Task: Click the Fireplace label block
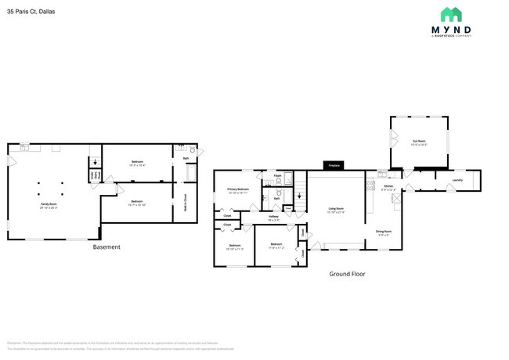[334, 166]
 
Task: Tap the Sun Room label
[420, 142]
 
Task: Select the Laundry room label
[458, 181]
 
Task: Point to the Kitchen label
[388, 187]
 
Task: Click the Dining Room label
[383, 232]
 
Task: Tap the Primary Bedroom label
[238, 191]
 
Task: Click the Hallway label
[273, 218]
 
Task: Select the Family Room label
[49, 206]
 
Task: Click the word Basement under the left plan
[106, 247]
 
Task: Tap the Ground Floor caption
[347, 274]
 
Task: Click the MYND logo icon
[450, 15]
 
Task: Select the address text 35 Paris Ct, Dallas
[32, 13]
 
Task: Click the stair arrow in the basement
[96, 164]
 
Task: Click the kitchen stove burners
[370, 186]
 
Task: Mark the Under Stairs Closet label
[96, 176]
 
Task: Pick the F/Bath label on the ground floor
[278, 176]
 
